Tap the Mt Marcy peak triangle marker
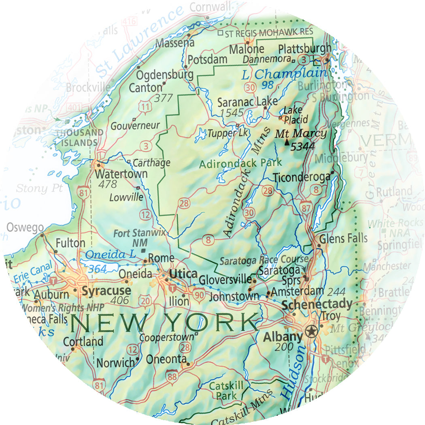coord(287,142)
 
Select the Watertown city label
coord(121,174)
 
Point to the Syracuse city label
coord(106,291)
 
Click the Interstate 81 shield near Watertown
coord(84,193)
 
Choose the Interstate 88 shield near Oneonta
coord(172,376)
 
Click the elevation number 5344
coord(303,147)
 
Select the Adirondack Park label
coord(240,164)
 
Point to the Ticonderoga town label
coord(302,177)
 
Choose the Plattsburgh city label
coord(304,49)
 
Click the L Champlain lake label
coord(284,74)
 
